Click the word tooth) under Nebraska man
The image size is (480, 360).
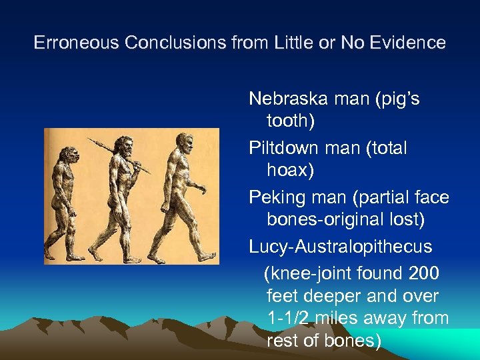(x=291, y=121)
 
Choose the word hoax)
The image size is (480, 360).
(x=290, y=170)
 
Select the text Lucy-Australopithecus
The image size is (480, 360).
(x=341, y=247)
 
